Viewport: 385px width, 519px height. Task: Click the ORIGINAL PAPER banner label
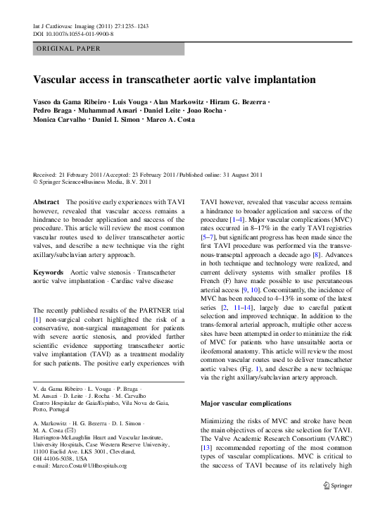click(x=68, y=49)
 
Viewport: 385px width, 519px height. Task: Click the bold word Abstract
click(x=46, y=201)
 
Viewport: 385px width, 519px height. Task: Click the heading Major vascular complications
click(x=246, y=404)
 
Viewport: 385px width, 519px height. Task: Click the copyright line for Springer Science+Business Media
click(x=92, y=181)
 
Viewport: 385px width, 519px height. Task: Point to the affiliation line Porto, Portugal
click(x=51, y=408)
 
